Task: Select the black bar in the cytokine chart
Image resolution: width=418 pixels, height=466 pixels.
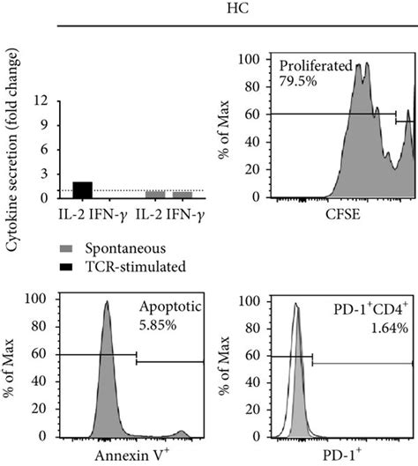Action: [x=82, y=190]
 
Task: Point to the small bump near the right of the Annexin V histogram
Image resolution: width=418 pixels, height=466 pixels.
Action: [x=181, y=432]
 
